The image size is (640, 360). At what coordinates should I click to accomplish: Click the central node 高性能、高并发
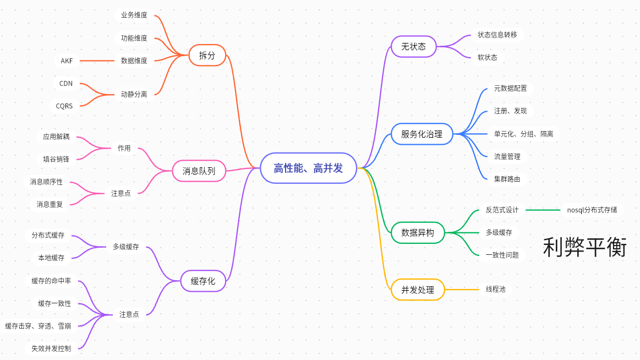[x=308, y=168]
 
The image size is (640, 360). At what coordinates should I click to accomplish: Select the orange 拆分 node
[x=207, y=55]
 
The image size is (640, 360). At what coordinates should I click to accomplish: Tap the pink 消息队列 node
[x=199, y=171]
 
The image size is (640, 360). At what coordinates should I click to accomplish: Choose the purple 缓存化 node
[x=203, y=281]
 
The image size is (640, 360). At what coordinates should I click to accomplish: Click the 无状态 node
[x=413, y=46]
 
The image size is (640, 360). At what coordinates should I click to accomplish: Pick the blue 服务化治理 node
[x=422, y=134]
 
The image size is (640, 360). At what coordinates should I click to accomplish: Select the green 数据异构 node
[x=418, y=232]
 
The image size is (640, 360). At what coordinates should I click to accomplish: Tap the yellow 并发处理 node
[x=418, y=290]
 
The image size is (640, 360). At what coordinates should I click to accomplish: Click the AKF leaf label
[x=67, y=61]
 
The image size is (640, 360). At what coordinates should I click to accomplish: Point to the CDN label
[x=66, y=83]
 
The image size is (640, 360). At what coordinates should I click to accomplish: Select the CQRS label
[x=64, y=106]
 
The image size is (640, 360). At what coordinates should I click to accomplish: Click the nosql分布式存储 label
[x=592, y=210]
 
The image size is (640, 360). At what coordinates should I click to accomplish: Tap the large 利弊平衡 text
[x=584, y=247]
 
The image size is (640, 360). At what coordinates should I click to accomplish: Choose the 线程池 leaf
[x=495, y=289]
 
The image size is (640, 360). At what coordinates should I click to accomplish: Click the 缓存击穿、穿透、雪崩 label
[x=38, y=326]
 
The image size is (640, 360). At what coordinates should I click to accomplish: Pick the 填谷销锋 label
[x=56, y=159]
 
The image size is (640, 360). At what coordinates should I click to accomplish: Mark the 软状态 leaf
[x=487, y=57]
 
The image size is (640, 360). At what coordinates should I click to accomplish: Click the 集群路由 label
[x=507, y=179]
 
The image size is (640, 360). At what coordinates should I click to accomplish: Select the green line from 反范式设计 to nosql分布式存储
[x=543, y=210]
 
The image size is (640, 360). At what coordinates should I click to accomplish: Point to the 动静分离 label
[x=134, y=94]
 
